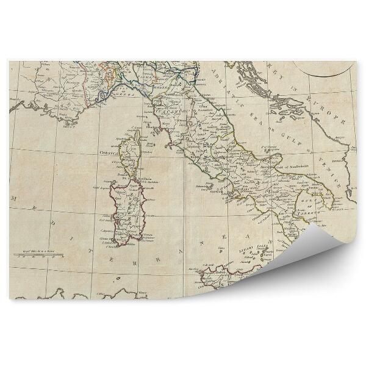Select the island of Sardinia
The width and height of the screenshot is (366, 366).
point(129,210)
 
